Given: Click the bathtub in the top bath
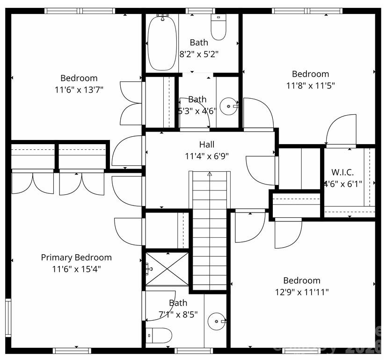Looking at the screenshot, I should coord(162,44).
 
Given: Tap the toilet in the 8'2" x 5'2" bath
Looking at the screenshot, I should coord(218,28).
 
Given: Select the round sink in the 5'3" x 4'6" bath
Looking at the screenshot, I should coord(229,107).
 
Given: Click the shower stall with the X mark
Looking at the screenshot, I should coord(167,268).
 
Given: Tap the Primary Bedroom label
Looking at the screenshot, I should coord(76,257).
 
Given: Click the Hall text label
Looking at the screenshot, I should coord(206,145).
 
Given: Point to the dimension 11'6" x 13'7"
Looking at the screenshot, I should coord(79,90).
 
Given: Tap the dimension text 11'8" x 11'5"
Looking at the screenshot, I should coord(311,86).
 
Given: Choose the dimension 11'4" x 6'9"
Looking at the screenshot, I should coord(206,156).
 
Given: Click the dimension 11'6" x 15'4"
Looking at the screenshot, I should coord(76,269).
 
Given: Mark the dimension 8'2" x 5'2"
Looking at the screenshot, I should coord(199,54).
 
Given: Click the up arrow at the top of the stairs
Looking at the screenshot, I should coord(210,174).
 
